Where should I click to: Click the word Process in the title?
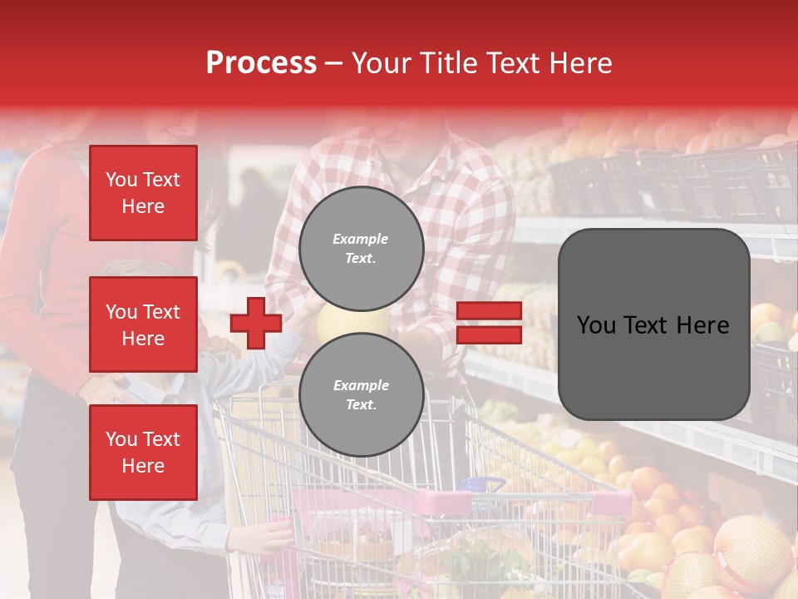pos(261,63)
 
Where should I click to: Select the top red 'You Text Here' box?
pos(143,193)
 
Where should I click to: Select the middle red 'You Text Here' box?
pos(143,324)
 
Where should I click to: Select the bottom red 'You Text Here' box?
pos(143,452)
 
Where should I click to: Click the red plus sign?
pos(256,323)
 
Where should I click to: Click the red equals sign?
pos(489,323)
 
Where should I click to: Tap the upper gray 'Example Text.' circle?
pos(361,248)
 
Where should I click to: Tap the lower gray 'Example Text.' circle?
pos(361,394)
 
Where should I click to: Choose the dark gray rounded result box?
pos(653,324)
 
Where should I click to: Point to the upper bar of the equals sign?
pos(489,311)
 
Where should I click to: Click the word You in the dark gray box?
pos(597,325)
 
